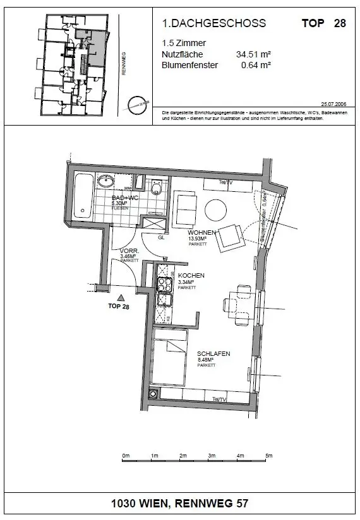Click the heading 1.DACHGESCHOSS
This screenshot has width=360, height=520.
pyautogui.click(x=214, y=23)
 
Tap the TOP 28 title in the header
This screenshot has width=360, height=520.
pyautogui.click(x=324, y=23)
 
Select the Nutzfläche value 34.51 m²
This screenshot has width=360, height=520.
pyautogui.click(x=253, y=54)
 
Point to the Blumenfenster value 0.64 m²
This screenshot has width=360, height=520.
pyautogui.click(x=256, y=64)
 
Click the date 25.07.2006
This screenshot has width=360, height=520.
pyautogui.click(x=334, y=103)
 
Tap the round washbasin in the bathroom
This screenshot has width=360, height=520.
pyautogui.click(x=107, y=182)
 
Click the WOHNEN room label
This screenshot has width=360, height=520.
pyautogui.click(x=202, y=232)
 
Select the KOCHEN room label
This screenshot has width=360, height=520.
pyautogui.click(x=190, y=276)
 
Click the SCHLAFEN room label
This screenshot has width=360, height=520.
pyautogui.click(x=213, y=354)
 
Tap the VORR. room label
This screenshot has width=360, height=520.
pyautogui.click(x=129, y=251)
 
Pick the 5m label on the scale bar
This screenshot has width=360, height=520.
pyautogui.click(x=268, y=455)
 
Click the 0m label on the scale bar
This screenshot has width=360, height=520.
pyautogui.click(x=126, y=455)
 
